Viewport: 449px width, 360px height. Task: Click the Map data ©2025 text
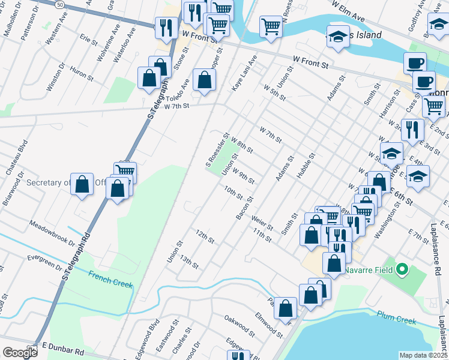(x=424, y=355)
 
